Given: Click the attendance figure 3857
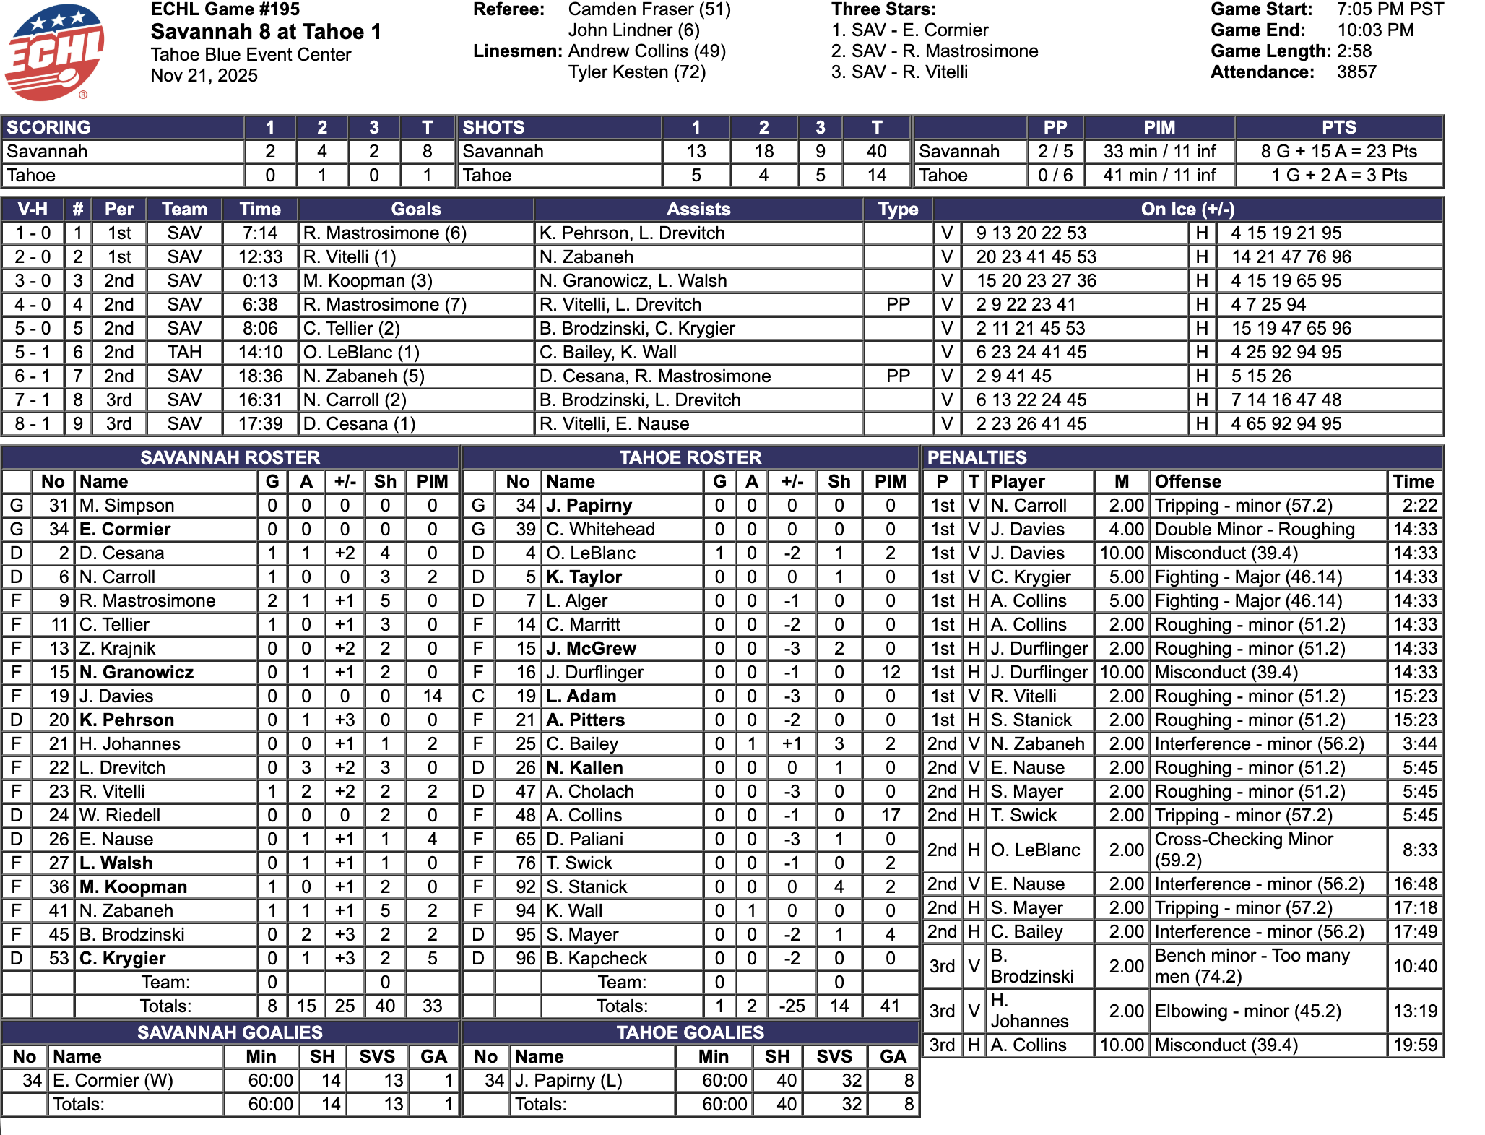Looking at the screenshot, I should pos(1356,72).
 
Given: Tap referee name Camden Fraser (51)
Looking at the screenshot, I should pos(649,9).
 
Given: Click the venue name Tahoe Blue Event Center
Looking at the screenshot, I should pos(251,55).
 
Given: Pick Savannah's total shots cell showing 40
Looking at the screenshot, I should pos(876,152).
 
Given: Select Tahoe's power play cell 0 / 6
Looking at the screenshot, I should pos(1055,176).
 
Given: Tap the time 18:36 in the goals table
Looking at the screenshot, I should pos(260,376).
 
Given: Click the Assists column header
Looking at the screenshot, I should pos(698,210).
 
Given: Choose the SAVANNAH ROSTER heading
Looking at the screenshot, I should pos(230,457).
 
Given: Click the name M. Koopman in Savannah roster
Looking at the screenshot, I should pos(134,887).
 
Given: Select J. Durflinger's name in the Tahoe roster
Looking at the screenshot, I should pos(594,673).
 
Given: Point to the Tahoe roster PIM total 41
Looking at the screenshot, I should pos(890,1006).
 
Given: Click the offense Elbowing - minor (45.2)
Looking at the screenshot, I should pos(1247,1011).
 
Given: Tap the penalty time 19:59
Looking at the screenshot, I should pos(1414,1045).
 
